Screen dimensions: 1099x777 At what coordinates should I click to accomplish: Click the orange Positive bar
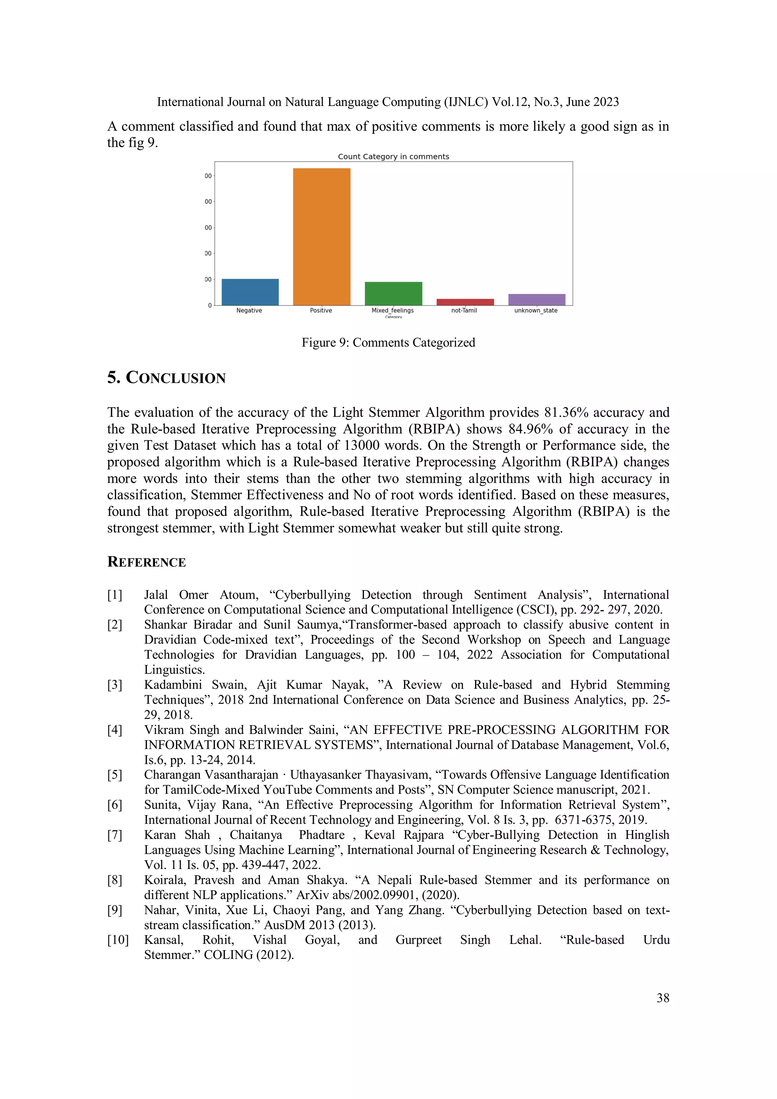[x=321, y=236]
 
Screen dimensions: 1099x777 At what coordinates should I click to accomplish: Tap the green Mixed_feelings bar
[x=393, y=293]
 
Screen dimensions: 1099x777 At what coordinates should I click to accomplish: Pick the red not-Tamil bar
[x=465, y=302]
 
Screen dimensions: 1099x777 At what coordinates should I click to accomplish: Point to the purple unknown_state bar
[x=536, y=300]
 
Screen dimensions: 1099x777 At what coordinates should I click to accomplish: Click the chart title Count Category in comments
[x=393, y=156]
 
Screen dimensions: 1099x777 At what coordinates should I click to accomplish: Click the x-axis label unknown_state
[x=536, y=311]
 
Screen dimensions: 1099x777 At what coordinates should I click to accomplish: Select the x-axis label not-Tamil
[x=464, y=311]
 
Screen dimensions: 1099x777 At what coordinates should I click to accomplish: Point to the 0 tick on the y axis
[x=209, y=305]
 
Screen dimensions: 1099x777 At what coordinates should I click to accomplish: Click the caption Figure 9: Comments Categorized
[x=388, y=343]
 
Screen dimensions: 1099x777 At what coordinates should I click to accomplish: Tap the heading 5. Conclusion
[x=166, y=378]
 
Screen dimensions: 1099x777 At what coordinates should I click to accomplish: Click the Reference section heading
[x=146, y=562]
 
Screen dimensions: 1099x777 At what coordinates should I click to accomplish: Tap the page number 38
[x=663, y=998]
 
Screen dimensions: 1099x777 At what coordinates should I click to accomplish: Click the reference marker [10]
[x=118, y=940]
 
